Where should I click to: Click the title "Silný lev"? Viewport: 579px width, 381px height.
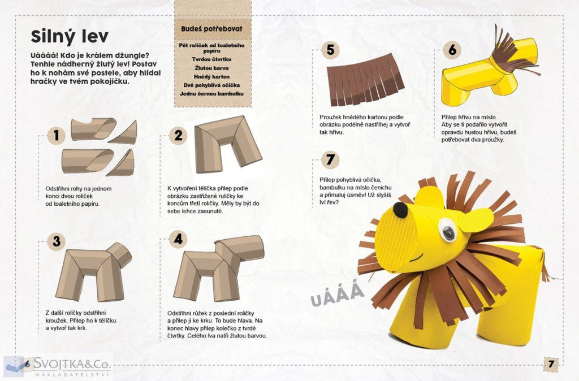click(x=70, y=37)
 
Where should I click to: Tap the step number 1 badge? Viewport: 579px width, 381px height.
click(x=56, y=136)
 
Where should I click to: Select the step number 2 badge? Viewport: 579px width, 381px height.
click(x=178, y=136)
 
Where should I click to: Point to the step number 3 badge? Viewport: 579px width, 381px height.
click(x=56, y=241)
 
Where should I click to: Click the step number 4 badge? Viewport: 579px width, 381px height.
click(x=178, y=239)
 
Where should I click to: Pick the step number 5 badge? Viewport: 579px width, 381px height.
click(x=330, y=50)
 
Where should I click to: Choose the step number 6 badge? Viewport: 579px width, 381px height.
click(x=452, y=50)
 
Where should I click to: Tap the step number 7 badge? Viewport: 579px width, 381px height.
click(x=330, y=160)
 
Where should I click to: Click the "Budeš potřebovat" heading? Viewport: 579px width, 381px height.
click(x=212, y=29)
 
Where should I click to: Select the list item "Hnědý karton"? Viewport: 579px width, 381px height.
click(x=212, y=77)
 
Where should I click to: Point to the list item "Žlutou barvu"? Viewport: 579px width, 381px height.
click(x=212, y=68)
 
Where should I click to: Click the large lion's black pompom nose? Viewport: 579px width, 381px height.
click(x=400, y=210)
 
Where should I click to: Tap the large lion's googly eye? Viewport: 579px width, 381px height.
click(x=448, y=230)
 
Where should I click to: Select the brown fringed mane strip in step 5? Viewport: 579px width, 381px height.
click(x=365, y=79)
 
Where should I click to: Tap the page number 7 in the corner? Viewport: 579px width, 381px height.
click(x=551, y=365)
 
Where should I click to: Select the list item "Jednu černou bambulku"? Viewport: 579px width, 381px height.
click(x=212, y=94)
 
